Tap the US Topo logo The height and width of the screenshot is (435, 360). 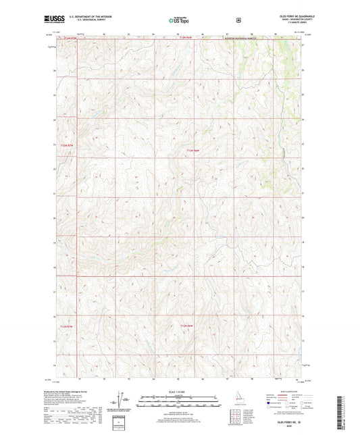point(178,20)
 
